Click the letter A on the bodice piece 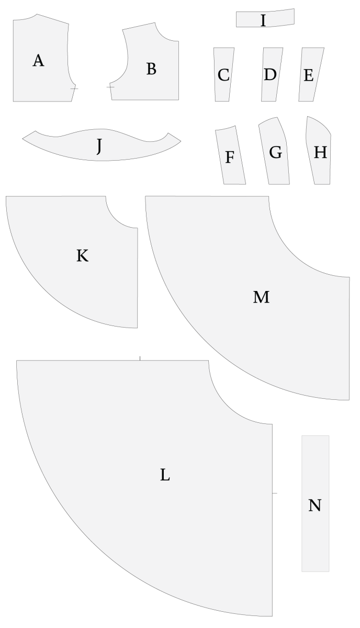click(38, 61)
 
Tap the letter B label click(151, 69)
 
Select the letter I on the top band click(263, 20)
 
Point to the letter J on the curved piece click(99, 146)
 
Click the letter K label click(83, 256)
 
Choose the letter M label click(261, 297)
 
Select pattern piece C click(224, 74)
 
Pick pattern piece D click(272, 74)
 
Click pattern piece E click(311, 74)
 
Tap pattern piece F click(230, 155)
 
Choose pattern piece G click(274, 151)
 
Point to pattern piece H click(318, 151)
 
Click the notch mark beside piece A click(74, 88)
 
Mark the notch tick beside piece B click(110, 87)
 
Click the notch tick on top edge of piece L click(140, 358)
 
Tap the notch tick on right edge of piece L click(275, 493)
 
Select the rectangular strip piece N click(316, 503)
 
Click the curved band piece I click(265, 18)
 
